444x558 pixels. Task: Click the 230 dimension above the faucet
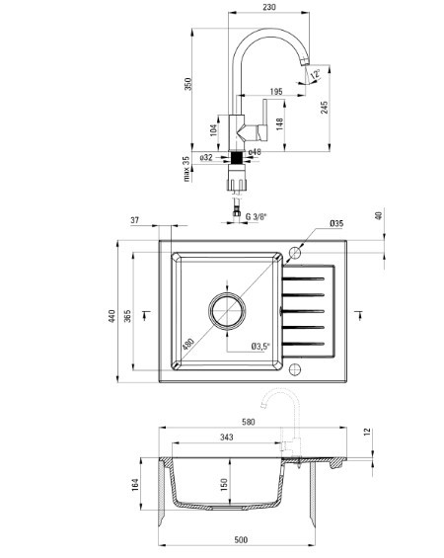coord(269,7)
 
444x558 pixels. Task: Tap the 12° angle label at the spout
coord(315,74)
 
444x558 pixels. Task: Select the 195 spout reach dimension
coord(276,92)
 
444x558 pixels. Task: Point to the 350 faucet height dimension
coord(188,84)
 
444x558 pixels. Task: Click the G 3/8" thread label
coord(256,216)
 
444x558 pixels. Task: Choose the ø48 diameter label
coord(255,152)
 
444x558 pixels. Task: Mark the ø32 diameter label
coord(206,157)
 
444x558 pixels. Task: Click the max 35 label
coord(186,169)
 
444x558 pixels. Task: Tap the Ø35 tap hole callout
coord(336,223)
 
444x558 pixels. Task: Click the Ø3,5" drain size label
coord(260,346)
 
